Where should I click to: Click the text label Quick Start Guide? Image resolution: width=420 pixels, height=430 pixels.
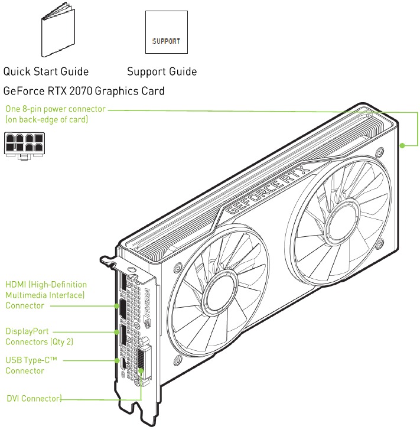click(46, 71)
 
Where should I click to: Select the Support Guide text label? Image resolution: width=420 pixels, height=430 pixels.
click(162, 71)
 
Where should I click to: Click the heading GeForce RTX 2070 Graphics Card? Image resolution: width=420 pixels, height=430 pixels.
click(84, 91)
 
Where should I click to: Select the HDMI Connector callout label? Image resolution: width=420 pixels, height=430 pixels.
click(46, 295)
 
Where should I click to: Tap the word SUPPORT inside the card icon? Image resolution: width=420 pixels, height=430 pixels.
click(166, 43)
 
